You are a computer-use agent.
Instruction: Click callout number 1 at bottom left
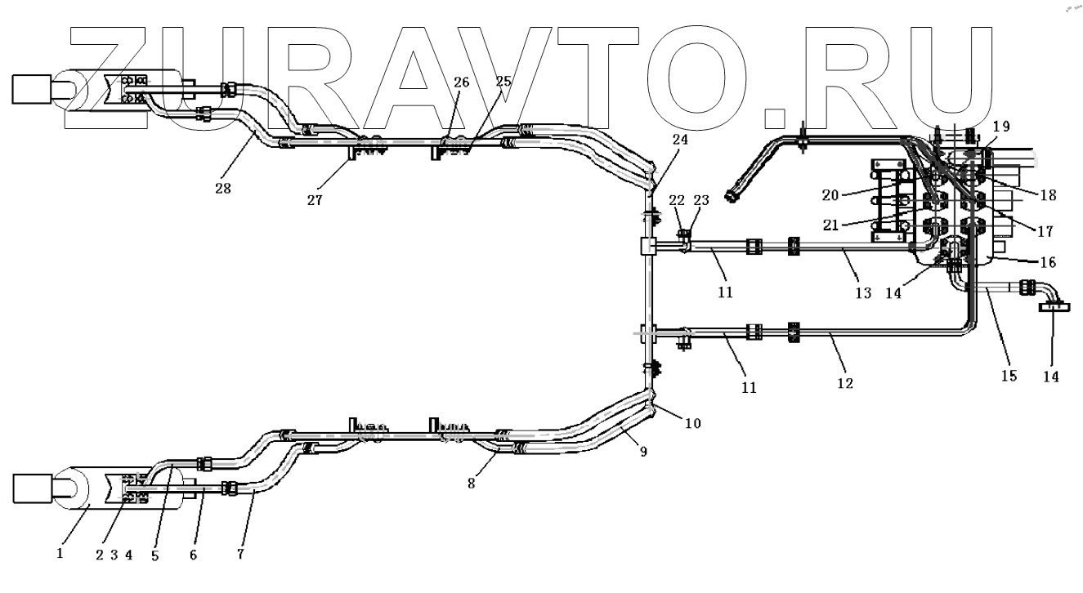click(x=60, y=553)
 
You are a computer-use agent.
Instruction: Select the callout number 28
click(x=222, y=188)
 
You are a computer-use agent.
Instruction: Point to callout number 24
click(x=680, y=140)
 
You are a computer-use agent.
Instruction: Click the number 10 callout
click(x=693, y=423)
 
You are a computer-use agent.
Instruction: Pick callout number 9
click(x=643, y=452)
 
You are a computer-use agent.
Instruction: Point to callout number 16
click(x=1048, y=262)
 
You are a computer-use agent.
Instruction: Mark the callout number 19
click(x=1003, y=127)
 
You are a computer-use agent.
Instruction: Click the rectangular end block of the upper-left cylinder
click(x=32, y=89)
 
